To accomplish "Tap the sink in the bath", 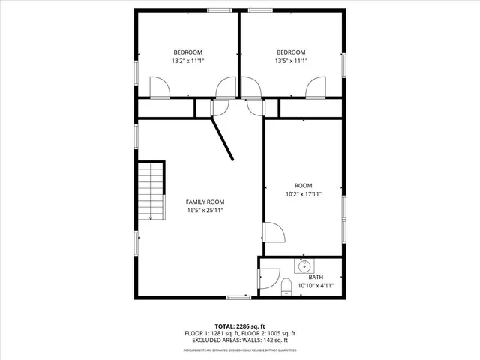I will tap(305, 265).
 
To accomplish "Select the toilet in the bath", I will tap(285, 287).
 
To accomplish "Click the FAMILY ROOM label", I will tap(205, 202).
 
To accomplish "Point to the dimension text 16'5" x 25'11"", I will tap(205, 211).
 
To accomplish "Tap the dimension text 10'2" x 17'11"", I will tap(304, 194).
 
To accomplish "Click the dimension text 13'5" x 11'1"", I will tap(291, 61).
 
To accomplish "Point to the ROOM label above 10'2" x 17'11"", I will tap(304, 185).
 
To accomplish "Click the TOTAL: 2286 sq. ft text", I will tap(240, 325).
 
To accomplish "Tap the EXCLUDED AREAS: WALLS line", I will tap(240, 340).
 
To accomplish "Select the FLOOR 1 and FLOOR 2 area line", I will tap(240, 333).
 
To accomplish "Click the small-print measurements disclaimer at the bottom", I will tap(240, 350).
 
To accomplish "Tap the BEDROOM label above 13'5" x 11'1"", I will tap(291, 52).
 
